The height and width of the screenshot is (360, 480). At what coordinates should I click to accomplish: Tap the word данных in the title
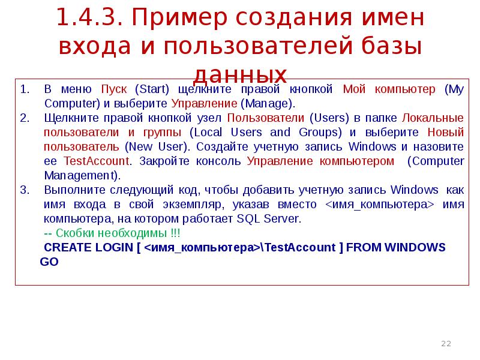click(x=240, y=73)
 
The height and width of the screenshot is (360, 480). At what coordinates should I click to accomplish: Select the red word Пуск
click(x=113, y=89)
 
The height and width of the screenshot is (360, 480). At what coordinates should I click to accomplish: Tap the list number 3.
click(x=24, y=190)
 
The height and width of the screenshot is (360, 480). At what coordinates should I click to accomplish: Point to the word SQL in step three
click(x=249, y=218)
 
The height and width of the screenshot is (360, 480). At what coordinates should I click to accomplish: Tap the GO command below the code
click(x=49, y=262)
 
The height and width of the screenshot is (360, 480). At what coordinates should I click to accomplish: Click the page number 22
click(x=446, y=344)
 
